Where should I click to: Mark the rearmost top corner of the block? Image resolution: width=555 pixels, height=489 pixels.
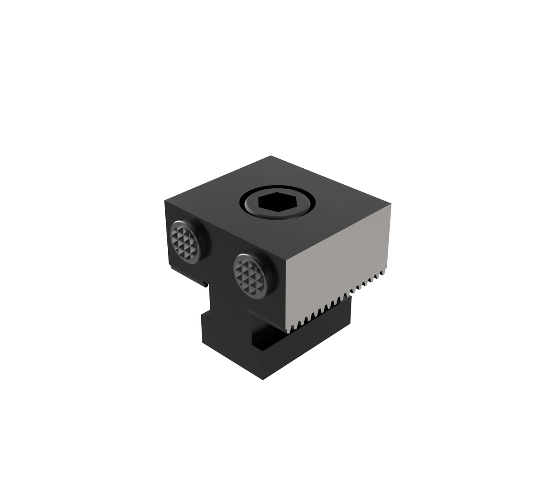[x=271, y=156]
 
